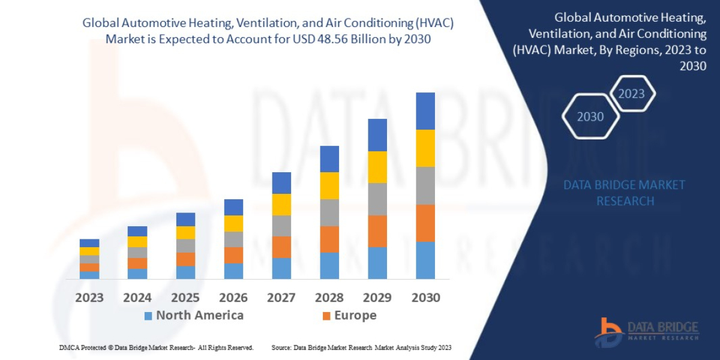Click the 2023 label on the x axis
[89, 297]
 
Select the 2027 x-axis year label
[281, 297]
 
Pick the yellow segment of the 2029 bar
[377, 167]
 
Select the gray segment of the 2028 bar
[329, 212]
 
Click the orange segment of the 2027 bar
[281, 247]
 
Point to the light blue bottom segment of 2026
[233, 271]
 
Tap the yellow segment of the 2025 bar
[185, 232]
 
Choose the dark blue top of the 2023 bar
[89, 243]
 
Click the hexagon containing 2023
[631, 94]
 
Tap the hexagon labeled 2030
[590, 116]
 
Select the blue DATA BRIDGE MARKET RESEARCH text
[624, 193]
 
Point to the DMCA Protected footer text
[156, 347]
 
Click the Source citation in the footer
[361, 347]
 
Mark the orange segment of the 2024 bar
[137, 263]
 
